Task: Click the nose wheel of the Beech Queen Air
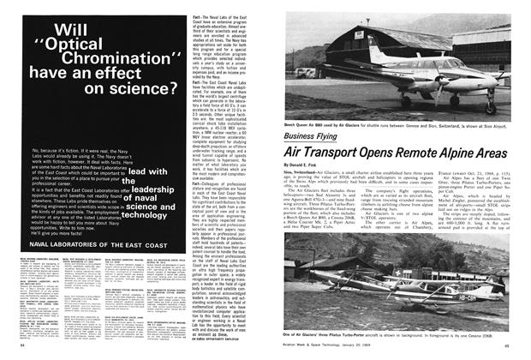click(489, 110)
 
